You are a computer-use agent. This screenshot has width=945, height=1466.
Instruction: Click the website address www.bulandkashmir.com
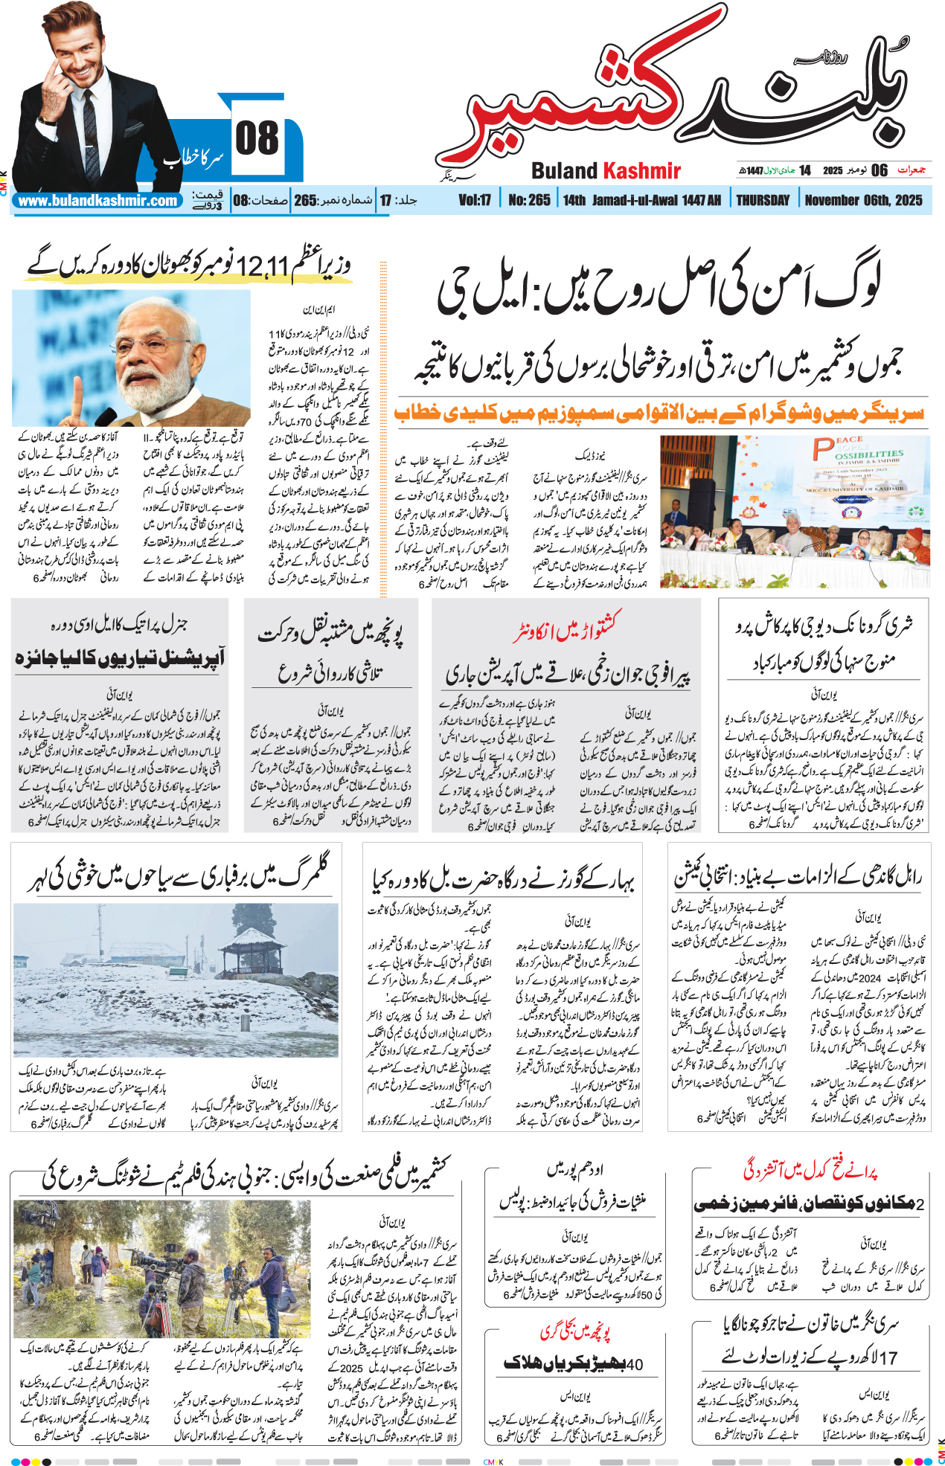point(97,201)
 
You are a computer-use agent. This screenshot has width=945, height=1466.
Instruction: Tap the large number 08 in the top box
point(257,139)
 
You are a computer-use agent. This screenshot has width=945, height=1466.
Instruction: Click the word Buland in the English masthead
point(564,171)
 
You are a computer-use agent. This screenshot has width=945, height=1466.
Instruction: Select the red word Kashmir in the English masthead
point(641,171)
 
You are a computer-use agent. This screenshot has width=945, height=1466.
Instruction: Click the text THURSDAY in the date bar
point(762,200)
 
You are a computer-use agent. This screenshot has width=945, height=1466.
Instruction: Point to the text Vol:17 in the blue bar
point(475,200)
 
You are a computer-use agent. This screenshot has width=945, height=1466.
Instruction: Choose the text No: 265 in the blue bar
point(529,200)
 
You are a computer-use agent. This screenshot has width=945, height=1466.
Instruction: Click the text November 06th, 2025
point(863,200)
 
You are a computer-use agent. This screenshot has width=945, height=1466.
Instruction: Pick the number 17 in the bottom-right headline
point(888,1357)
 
